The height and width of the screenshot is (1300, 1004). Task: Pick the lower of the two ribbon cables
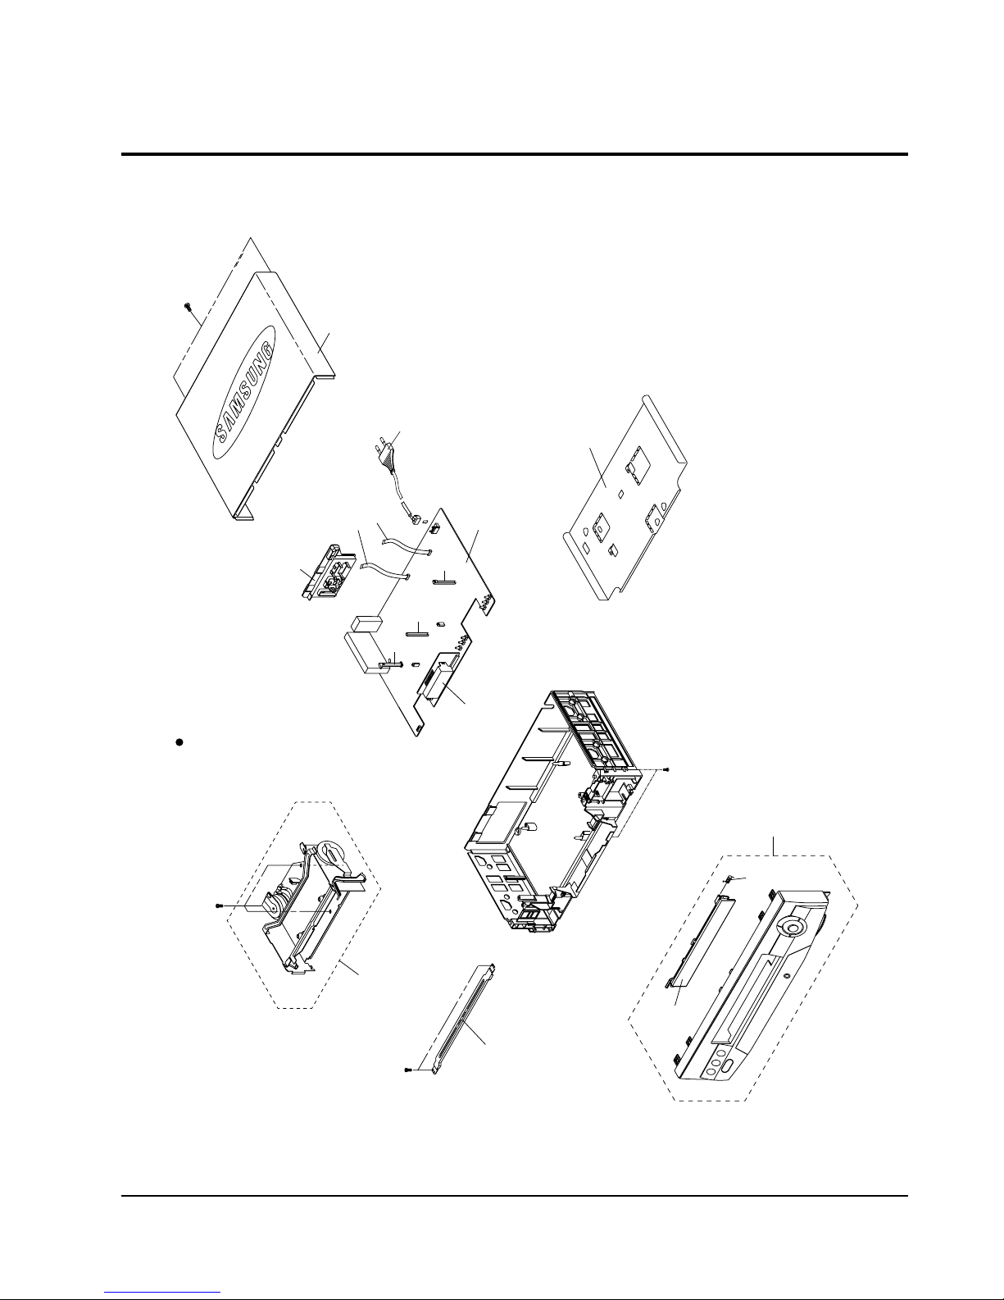tap(386, 572)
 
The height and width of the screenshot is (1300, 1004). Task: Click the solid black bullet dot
tap(178, 742)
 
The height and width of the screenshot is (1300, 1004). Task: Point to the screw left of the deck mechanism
tap(219, 906)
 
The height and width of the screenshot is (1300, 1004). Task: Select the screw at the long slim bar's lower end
tap(408, 1070)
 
